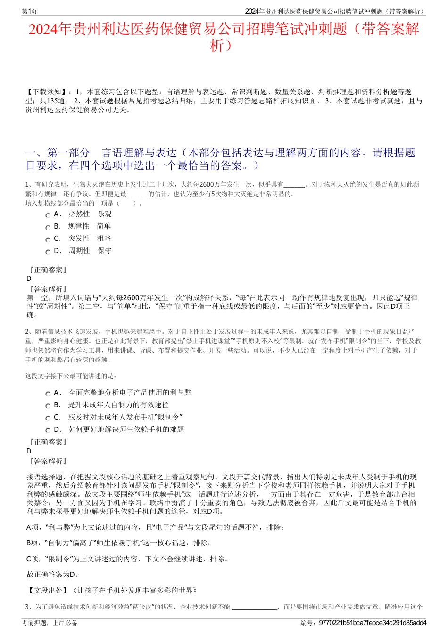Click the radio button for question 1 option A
pyautogui.click(x=48, y=215)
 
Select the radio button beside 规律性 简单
pyautogui.click(x=48, y=227)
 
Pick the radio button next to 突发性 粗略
pyautogui.click(x=48, y=239)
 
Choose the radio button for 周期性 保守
pyautogui.click(x=48, y=252)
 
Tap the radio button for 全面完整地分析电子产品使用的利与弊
pyautogui.click(x=48, y=394)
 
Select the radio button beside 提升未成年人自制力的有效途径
pyautogui.click(x=48, y=406)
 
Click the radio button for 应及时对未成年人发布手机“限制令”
pyautogui.click(x=48, y=418)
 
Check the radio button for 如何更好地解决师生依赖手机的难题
pyautogui.click(x=48, y=430)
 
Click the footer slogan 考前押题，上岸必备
pyautogui.click(x=50, y=623)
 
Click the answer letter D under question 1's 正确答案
pyautogui.click(x=29, y=279)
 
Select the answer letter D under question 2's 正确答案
pyautogui.click(x=29, y=451)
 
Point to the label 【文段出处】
pyautogui.click(x=48, y=590)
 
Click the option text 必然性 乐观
pyautogui.click(x=90, y=214)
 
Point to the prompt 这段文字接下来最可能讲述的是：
pyautogui.click(x=71, y=376)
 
